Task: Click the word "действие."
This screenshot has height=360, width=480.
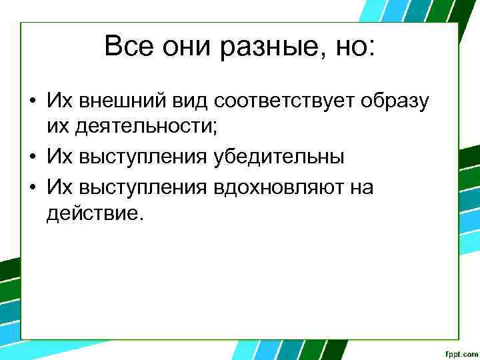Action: [94, 215]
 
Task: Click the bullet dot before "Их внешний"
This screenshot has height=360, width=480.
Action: [32, 101]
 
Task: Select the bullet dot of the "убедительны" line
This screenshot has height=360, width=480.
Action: [32, 159]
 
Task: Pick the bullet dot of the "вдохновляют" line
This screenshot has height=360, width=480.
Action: [32, 187]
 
